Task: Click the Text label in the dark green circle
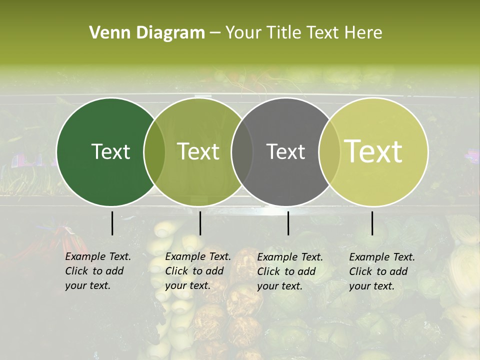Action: click(x=110, y=151)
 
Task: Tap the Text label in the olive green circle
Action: click(x=198, y=151)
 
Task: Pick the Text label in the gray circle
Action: click(x=286, y=151)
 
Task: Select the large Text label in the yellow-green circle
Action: click(x=373, y=151)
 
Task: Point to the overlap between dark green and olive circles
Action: click(x=154, y=151)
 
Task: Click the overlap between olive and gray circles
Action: click(x=242, y=151)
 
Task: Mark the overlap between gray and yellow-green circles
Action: click(x=329, y=151)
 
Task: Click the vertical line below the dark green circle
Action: click(x=112, y=223)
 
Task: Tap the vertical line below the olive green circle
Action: click(x=200, y=223)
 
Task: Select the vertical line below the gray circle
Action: click(x=288, y=223)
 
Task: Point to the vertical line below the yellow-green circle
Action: click(x=372, y=223)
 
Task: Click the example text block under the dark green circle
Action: click(x=97, y=271)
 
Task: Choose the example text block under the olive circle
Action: click(x=197, y=271)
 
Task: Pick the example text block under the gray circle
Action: click(x=289, y=271)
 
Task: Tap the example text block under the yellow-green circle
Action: click(x=381, y=271)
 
